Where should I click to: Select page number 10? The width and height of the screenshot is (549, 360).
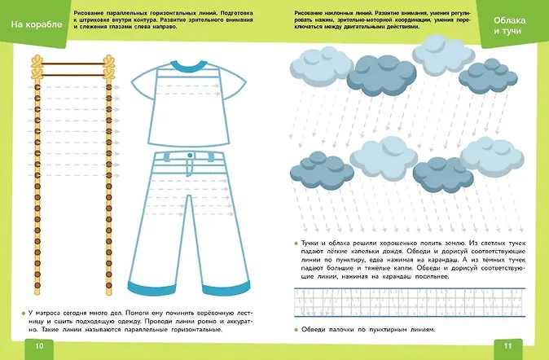(x=38, y=345)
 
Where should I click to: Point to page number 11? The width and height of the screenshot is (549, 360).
(x=507, y=345)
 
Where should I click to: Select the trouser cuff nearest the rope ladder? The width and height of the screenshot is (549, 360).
(x=150, y=287)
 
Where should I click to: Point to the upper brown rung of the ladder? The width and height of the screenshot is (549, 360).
(x=72, y=64)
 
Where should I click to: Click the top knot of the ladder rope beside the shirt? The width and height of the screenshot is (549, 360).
(x=108, y=59)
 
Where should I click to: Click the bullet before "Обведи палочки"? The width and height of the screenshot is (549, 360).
(x=294, y=330)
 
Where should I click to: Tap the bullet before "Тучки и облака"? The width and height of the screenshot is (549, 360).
(x=294, y=242)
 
